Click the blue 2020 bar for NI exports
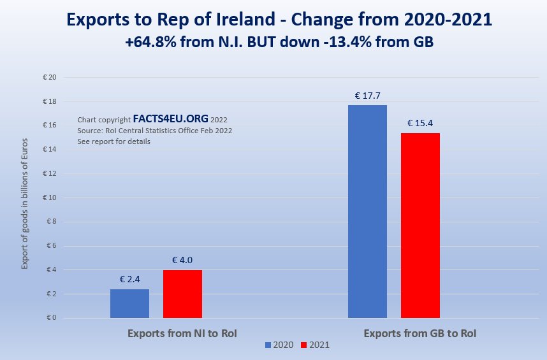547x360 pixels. (x=129, y=303)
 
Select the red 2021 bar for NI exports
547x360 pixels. (x=182, y=294)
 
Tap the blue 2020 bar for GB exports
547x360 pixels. (x=367, y=212)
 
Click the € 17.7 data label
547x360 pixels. (x=367, y=96)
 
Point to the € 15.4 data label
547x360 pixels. (x=420, y=123)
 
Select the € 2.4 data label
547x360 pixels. (x=129, y=279)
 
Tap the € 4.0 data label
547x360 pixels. (x=182, y=260)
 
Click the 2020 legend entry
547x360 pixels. (x=279, y=345)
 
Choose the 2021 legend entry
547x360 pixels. (x=315, y=345)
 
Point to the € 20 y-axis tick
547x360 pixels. (x=49, y=78)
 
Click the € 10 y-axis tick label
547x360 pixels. (x=49, y=198)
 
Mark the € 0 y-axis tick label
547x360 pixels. (x=51, y=318)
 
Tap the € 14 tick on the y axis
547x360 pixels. (x=49, y=150)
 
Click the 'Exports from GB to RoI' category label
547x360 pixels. (x=420, y=333)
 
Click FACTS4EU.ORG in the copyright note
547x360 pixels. (x=170, y=119)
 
